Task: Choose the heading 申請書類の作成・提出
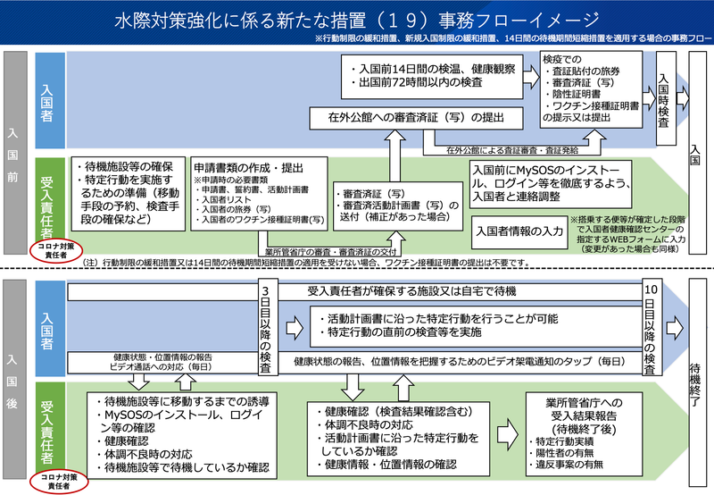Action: (248, 166)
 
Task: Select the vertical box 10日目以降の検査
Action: (652, 329)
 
